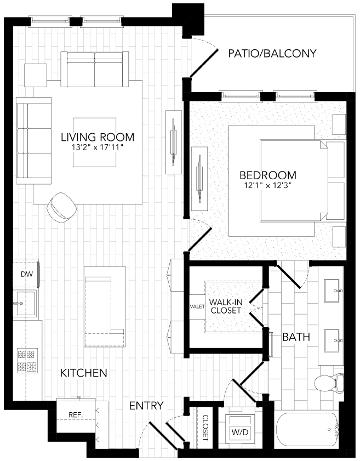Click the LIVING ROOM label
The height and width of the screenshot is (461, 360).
pyautogui.click(x=97, y=136)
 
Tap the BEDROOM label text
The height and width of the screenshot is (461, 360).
pyautogui.click(x=268, y=175)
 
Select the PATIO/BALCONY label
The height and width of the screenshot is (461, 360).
pyautogui.click(x=272, y=53)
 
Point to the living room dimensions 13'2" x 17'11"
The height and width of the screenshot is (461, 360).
pyautogui.click(x=97, y=148)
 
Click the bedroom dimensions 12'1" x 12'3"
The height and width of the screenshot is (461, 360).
pyautogui.click(x=268, y=186)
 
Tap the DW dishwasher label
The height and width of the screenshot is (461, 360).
pyautogui.click(x=26, y=274)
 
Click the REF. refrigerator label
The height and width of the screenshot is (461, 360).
pyautogui.click(x=75, y=415)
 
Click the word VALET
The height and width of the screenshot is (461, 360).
pyautogui.click(x=197, y=306)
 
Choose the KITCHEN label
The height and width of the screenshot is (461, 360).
pyautogui.click(x=83, y=373)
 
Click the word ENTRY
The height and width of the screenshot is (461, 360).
pyautogui.click(x=146, y=406)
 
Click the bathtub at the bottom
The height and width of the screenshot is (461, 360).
pyautogui.click(x=306, y=432)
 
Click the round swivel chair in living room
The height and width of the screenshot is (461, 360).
pyautogui.click(x=62, y=207)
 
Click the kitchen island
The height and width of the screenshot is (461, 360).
pyautogui.click(x=105, y=308)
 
